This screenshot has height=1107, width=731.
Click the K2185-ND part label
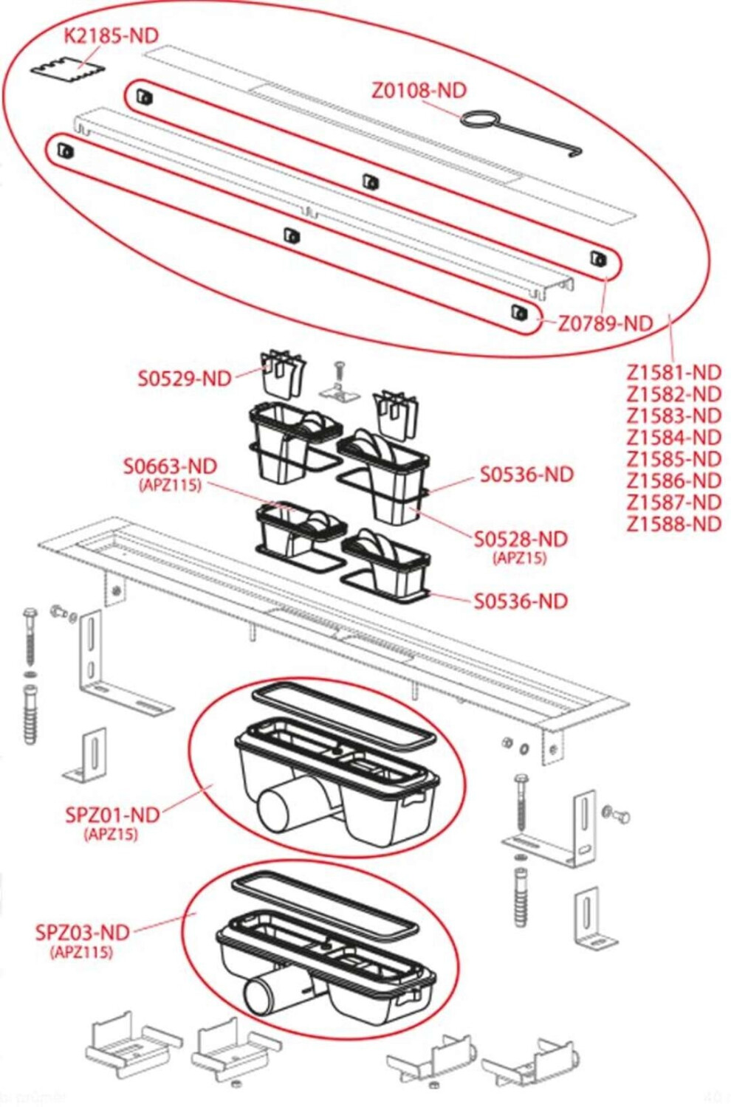point(111,35)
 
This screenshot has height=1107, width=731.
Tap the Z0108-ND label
point(419,91)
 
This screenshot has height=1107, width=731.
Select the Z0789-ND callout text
point(605,324)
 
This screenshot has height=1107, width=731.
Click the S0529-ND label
point(185,379)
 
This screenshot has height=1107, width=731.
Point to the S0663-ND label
point(170,466)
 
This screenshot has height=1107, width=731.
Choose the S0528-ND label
point(521,539)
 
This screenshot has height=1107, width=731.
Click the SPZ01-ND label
point(113,815)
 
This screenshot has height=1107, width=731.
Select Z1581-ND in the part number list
point(674,373)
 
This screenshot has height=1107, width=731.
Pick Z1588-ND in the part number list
point(674,524)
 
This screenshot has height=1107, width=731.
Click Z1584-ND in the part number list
point(674,438)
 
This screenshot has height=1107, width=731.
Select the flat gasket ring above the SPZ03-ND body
point(325,904)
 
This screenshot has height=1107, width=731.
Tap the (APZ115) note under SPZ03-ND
point(82,951)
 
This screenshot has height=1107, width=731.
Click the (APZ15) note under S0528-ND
point(520,558)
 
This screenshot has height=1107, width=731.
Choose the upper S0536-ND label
point(526,475)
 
